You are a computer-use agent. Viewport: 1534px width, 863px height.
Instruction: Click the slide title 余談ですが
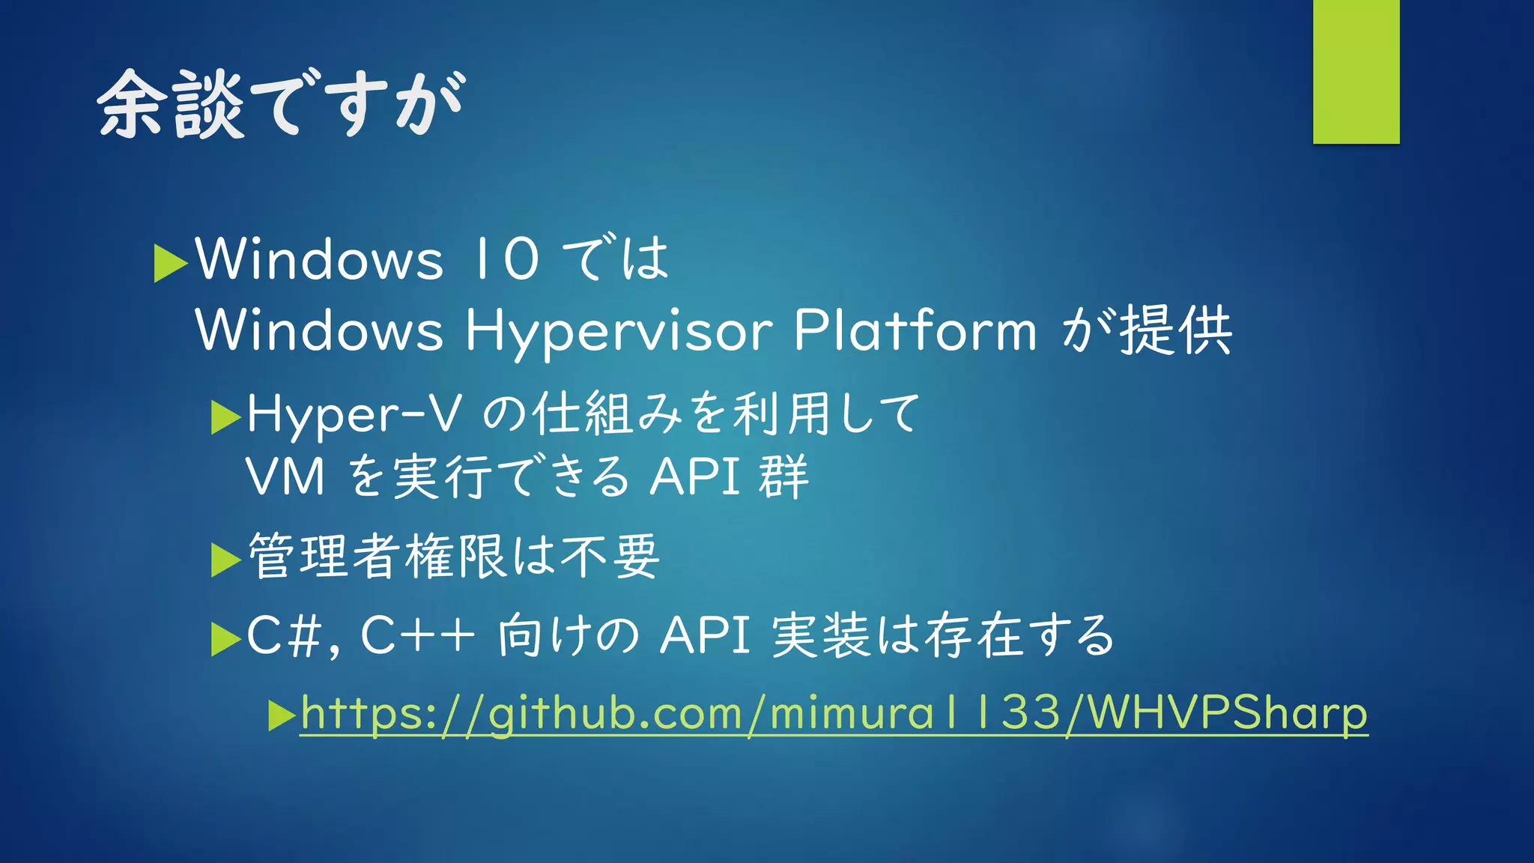click(x=282, y=104)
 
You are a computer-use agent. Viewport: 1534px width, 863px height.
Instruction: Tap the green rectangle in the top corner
click(x=1356, y=72)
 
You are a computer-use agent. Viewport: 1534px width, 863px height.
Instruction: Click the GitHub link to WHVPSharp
click(x=834, y=712)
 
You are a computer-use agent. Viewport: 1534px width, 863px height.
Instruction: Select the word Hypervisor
click(x=619, y=331)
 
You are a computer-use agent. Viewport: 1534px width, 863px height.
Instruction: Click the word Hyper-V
click(x=354, y=414)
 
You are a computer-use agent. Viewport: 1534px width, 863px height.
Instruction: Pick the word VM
click(x=285, y=477)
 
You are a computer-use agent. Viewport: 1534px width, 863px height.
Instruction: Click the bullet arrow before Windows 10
click(x=170, y=263)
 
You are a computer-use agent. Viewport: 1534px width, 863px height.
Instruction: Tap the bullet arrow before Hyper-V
click(x=225, y=417)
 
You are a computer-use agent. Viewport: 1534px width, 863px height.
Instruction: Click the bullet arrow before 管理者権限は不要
click(x=225, y=560)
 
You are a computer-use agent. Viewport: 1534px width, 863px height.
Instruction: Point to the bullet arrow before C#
click(x=225, y=639)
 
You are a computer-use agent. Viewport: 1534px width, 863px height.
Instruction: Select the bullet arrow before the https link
click(x=282, y=715)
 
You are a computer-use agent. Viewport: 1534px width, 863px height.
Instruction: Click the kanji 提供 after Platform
click(x=1175, y=330)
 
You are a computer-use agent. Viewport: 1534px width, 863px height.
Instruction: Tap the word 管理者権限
click(x=378, y=557)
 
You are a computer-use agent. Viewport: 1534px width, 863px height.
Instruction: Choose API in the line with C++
click(x=705, y=636)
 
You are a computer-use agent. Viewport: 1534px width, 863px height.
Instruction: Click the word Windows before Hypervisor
click(x=319, y=331)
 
